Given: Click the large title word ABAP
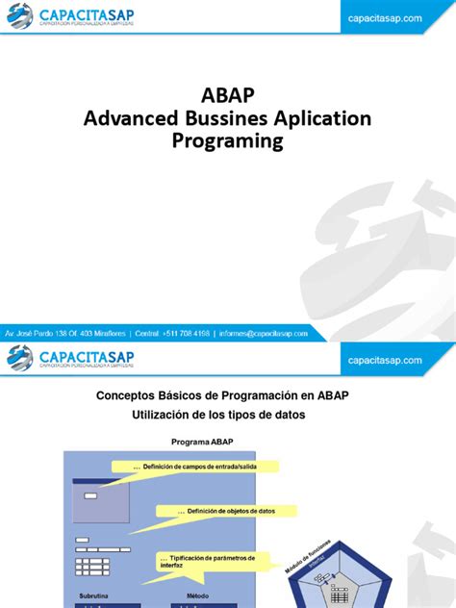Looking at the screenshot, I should coord(227,96).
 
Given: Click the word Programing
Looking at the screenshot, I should coord(227,141).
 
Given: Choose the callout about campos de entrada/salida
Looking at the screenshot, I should coord(201,466).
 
